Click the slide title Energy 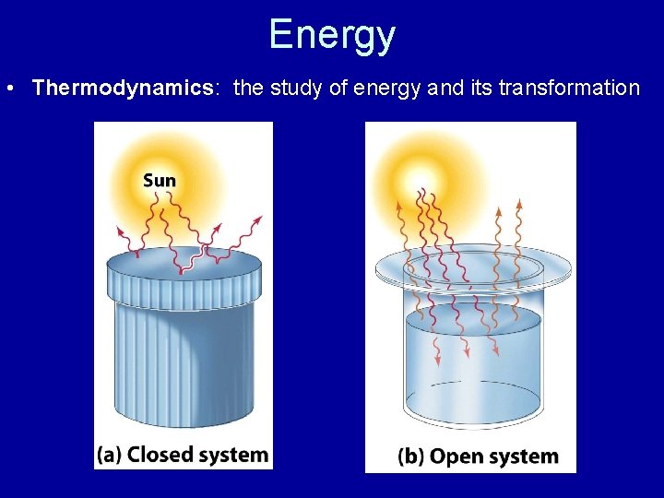click(x=332, y=35)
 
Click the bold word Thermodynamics click(x=123, y=88)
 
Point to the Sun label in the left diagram click(x=160, y=180)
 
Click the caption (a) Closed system click(x=183, y=455)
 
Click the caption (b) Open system click(x=478, y=456)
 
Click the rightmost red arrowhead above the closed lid click(x=258, y=219)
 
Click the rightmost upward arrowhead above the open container click(x=519, y=204)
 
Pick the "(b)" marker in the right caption click(x=411, y=456)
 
